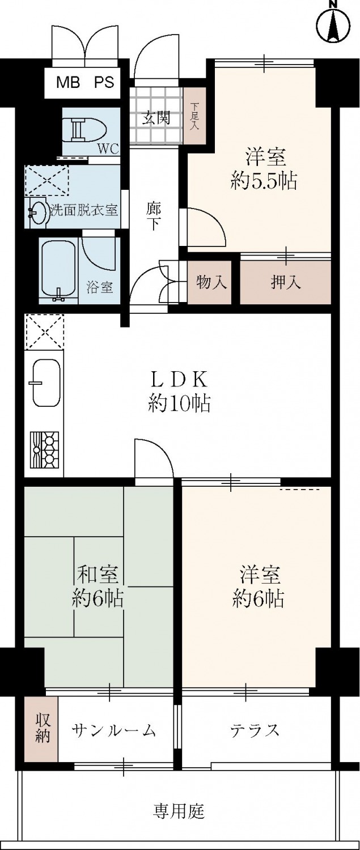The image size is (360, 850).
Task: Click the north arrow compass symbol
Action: pyautogui.click(x=333, y=23)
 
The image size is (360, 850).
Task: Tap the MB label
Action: pyautogui.click(x=69, y=82)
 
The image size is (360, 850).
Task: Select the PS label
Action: pyautogui.click(x=104, y=82)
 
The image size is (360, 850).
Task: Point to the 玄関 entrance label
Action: pyautogui.click(x=155, y=119)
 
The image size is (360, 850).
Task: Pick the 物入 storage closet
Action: pyautogui.click(x=210, y=282)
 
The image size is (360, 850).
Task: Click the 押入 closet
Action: pyautogui.click(x=286, y=282)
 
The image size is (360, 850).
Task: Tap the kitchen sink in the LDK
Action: pyautogui.click(x=46, y=382)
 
